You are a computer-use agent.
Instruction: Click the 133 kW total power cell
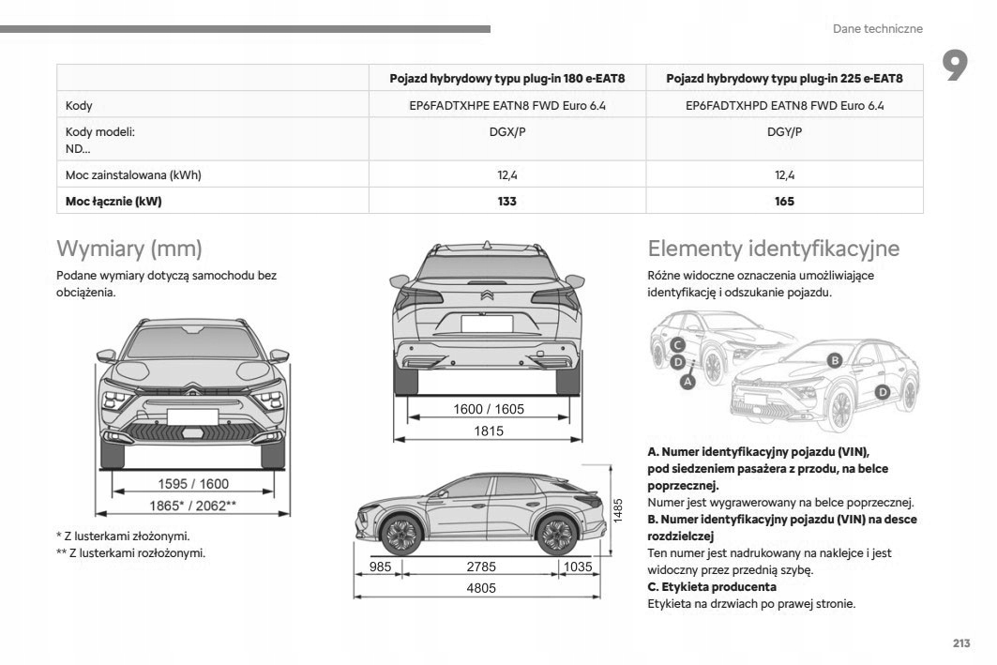(506, 201)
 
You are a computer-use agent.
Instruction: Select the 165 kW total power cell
(784, 201)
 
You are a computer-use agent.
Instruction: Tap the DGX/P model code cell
(506, 132)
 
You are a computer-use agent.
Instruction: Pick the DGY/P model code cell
(784, 132)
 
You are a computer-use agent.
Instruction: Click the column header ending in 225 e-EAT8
(784, 78)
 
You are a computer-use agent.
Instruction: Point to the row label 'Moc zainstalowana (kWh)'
(133, 174)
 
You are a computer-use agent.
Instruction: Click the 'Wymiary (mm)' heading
(129, 249)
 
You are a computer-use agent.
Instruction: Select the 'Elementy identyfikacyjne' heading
(773, 249)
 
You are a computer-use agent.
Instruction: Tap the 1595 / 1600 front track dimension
(193, 484)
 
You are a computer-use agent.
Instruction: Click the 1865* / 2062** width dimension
(193, 506)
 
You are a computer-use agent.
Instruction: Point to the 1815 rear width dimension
(489, 431)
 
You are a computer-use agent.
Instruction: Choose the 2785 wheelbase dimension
(480, 567)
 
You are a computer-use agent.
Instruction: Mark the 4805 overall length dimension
(483, 588)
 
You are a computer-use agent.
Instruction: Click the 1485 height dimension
(617, 511)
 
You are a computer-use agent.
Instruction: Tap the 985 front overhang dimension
(380, 567)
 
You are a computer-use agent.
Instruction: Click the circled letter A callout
(687, 382)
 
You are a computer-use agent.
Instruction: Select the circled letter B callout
(834, 360)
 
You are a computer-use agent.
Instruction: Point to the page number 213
(960, 642)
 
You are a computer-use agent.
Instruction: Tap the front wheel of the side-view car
(402, 536)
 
